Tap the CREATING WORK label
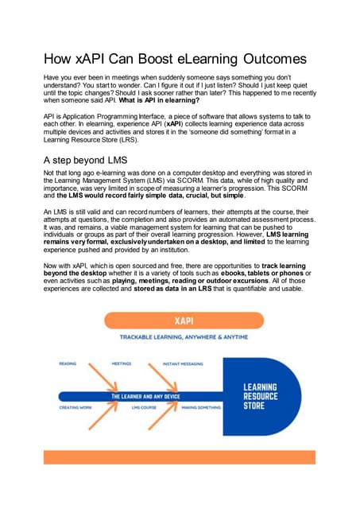click(75, 407)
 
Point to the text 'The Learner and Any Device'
click(142, 395)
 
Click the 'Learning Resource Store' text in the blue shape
click(259, 395)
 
